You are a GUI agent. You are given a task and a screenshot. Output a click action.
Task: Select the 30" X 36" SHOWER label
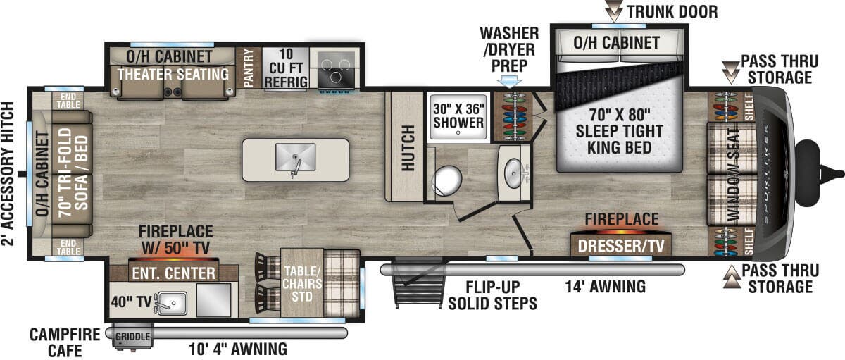(x=458, y=116)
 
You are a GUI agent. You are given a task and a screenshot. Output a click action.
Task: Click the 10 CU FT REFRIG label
(x=285, y=68)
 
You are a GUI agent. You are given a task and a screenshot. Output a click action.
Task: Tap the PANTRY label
(x=248, y=68)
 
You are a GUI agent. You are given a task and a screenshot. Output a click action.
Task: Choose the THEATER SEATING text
(x=173, y=74)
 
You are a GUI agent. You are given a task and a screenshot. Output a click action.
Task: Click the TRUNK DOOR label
(x=671, y=11)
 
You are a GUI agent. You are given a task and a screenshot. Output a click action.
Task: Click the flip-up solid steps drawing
(x=412, y=283)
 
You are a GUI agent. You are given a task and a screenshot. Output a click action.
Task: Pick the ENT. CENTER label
(x=173, y=272)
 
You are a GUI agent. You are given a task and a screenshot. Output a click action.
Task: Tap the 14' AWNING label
(x=606, y=286)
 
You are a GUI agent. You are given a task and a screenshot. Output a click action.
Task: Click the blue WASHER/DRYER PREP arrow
(x=510, y=80)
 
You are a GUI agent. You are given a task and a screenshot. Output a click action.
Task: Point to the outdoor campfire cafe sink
(x=170, y=303)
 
